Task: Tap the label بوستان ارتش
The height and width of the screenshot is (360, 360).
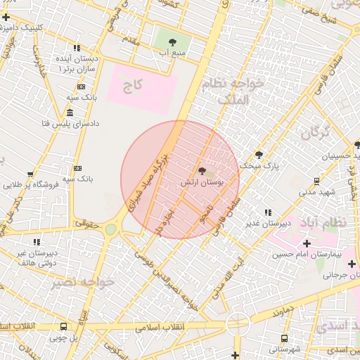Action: [202, 181]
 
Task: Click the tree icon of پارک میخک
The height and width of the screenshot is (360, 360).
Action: [259, 155]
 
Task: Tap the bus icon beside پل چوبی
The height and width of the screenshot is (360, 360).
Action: [64, 327]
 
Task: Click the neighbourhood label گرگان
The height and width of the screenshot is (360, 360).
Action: [315, 132]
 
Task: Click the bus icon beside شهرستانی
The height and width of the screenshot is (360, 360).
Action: [274, 338]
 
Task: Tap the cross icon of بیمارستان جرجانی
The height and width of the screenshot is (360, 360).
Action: [351, 264]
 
